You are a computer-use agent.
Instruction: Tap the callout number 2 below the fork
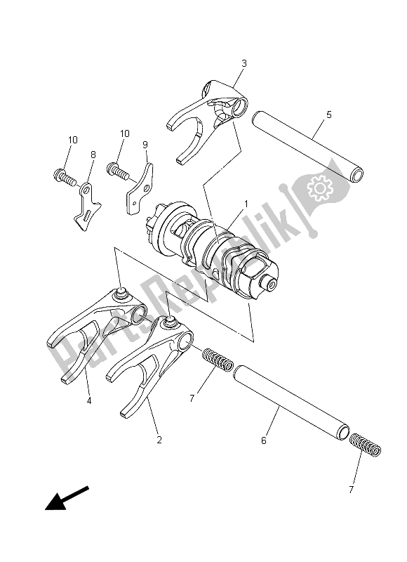159,440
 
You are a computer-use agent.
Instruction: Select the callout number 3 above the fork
243,63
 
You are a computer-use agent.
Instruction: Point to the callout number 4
88,401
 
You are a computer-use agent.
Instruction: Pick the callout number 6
264,440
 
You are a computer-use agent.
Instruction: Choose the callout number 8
93,155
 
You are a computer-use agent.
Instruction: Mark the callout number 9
145,145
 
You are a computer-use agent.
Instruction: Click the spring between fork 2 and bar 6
217,358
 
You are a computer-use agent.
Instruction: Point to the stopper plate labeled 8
88,206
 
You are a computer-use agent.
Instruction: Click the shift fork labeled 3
211,112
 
